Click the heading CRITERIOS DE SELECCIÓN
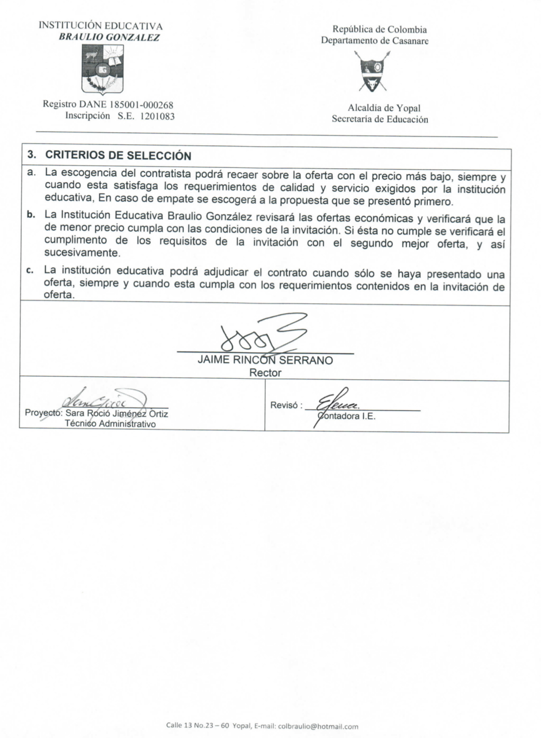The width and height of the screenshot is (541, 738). pos(118,155)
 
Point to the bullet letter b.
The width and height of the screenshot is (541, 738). pos(31,215)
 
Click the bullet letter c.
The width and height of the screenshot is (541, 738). pos(31,271)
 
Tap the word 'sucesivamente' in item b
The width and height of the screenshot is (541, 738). pos(82,253)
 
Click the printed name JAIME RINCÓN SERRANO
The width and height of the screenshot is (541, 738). pos(265,361)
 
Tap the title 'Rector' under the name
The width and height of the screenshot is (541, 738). pos(265,373)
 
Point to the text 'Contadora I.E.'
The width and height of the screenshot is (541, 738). pos(346,416)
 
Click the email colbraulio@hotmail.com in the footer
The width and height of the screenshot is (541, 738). pos(318,726)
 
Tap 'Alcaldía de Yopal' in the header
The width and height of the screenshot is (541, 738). pos(384,108)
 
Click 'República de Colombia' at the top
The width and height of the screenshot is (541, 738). pos(380,30)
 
